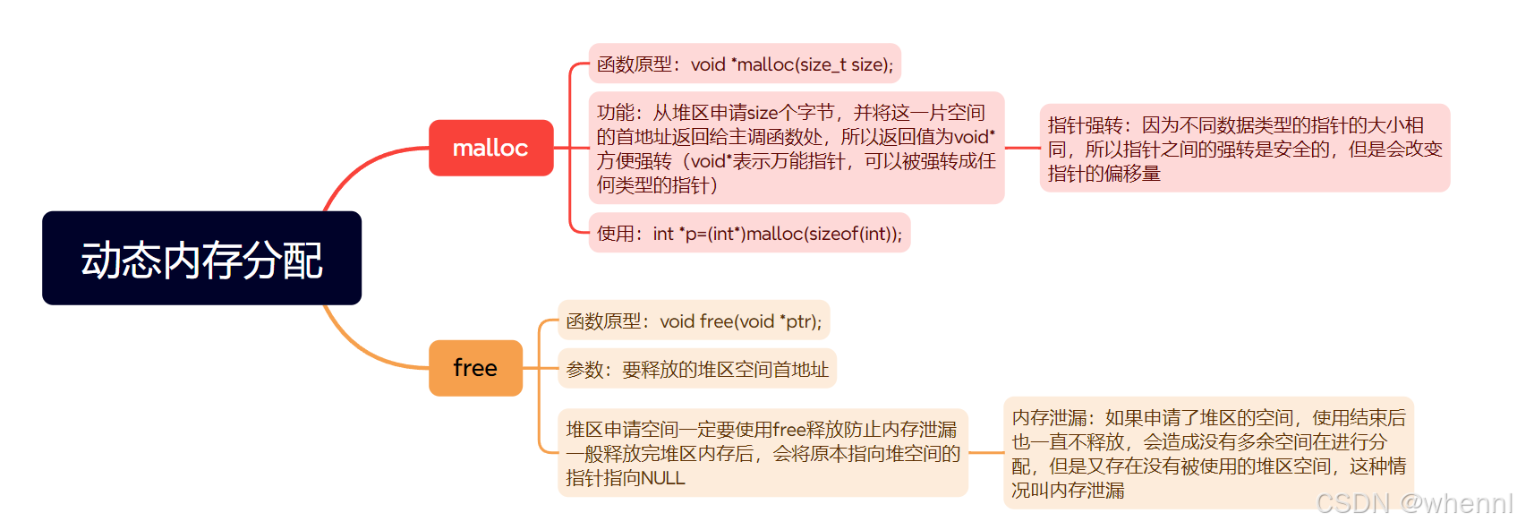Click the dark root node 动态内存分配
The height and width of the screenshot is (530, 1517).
[x=201, y=258]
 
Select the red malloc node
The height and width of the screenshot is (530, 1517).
[x=490, y=148]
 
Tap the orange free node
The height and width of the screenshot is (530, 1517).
[x=475, y=368]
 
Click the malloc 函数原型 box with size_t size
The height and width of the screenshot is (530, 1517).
[x=745, y=64]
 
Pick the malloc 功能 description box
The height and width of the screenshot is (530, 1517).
[x=796, y=149]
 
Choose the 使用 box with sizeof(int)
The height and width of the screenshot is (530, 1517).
[x=749, y=234]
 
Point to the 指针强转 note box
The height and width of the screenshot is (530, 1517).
[x=1244, y=149]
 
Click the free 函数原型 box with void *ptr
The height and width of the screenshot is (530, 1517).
[x=694, y=321]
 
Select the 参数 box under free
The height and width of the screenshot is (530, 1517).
[x=697, y=370]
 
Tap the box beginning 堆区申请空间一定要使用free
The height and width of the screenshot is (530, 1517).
[x=763, y=453]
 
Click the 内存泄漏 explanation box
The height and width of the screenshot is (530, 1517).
[x=1208, y=453]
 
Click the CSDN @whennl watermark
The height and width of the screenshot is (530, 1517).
[x=1414, y=503]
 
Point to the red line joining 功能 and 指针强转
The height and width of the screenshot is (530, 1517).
[x=1022, y=148]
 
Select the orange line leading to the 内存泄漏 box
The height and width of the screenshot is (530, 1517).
[x=985, y=453]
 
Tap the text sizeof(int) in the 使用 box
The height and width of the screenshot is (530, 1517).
[x=854, y=234]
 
